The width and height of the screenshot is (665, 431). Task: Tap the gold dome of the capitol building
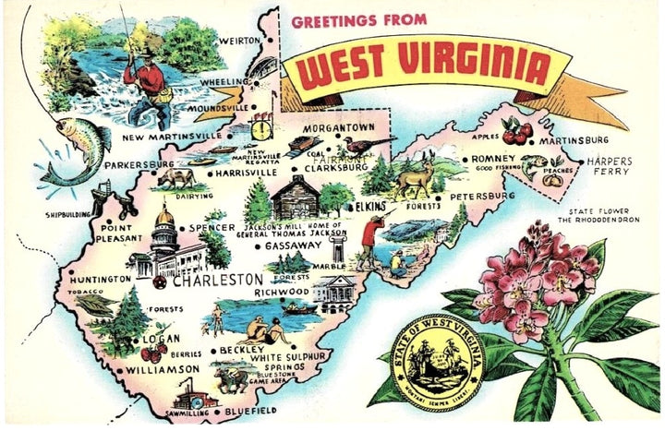point(164,218)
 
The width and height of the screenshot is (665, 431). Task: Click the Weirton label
point(238,41)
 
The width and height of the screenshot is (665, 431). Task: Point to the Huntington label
point(99,279)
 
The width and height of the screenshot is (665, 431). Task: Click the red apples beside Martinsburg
point(516,132)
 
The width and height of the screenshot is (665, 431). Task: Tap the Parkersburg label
point(139,165)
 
